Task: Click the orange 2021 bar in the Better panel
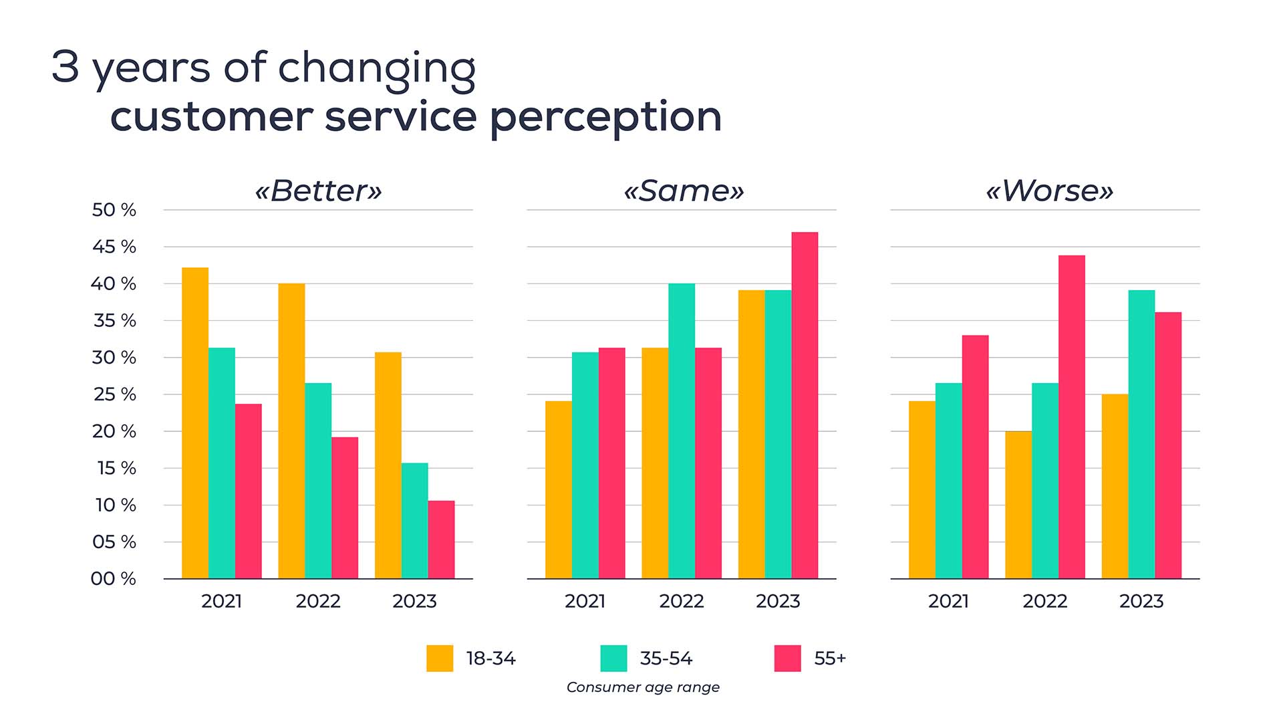(x=195, y=423)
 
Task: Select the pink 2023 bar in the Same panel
(x=805, y=405)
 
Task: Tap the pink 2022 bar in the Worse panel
(x=1072, y=416)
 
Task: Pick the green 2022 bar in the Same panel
(x=682, y=431)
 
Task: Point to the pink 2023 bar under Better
(x=441, y=539)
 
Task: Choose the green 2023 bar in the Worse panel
(x=1141, y=434)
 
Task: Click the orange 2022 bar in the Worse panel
(x=1018, y=505)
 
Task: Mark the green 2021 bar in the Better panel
(x=222, y=463)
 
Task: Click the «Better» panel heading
(x=318, y=191)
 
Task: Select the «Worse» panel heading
(x=1049, y=191)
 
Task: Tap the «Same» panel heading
(x=683, y=191)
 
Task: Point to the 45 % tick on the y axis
(x=114, y=247)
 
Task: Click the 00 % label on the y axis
(x=114, y=578)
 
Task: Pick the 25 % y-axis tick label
(x=114, y=394)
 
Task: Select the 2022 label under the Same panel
(x=682, y=601)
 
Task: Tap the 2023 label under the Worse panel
(x=1141, y=601)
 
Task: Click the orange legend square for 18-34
(x=440, y=658)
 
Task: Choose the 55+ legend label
(x=830, y=658)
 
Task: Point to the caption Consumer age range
(x=643, y=687)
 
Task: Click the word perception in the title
(x=605, y=118)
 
